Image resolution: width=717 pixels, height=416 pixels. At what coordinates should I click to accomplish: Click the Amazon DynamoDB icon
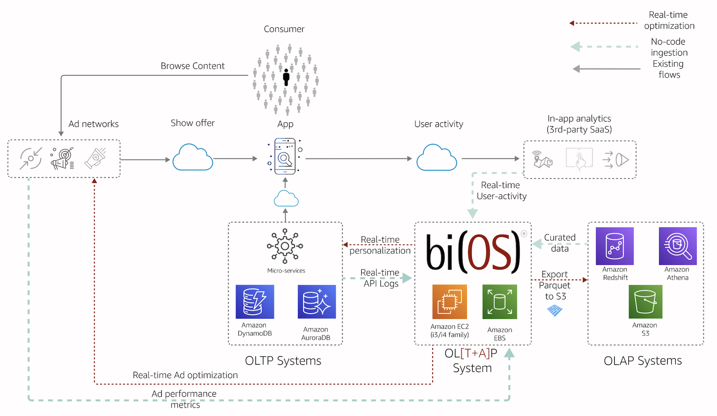255,301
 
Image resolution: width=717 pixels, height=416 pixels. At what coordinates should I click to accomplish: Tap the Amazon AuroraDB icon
317,301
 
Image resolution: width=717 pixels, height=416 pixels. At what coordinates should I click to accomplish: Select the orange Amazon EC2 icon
449,301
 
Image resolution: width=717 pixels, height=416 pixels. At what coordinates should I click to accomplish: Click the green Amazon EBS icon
499,301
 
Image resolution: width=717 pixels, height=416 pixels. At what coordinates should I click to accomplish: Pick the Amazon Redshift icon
614,246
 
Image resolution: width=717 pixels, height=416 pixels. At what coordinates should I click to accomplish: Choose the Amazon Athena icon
678,246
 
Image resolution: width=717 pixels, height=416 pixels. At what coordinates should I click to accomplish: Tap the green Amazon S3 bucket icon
645,301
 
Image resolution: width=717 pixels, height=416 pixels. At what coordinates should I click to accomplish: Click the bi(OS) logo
473,252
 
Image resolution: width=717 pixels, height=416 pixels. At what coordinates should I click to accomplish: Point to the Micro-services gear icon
285,246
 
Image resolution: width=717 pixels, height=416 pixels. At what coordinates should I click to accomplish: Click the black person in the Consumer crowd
286,76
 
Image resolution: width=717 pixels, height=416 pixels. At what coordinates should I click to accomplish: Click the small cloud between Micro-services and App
286,199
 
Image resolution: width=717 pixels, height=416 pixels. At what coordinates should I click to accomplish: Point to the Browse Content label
192,66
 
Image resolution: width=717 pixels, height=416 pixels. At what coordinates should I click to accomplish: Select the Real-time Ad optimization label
185,375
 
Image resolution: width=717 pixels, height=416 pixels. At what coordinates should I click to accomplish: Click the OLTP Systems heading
283,361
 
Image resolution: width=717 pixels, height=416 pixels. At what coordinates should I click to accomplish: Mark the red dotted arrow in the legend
603,23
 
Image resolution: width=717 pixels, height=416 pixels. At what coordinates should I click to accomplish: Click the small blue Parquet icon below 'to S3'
555,311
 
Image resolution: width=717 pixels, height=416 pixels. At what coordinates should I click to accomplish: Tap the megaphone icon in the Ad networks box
95,158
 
